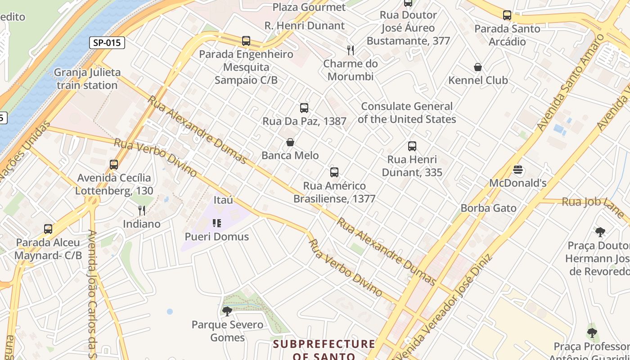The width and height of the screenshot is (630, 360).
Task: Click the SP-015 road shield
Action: [107, 43]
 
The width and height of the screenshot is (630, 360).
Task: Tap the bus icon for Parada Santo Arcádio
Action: [507, 15]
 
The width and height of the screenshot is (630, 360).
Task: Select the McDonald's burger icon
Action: [518, 170]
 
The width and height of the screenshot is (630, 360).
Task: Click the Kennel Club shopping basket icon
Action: [478, 67]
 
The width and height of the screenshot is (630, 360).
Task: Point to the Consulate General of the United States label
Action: [407, 113]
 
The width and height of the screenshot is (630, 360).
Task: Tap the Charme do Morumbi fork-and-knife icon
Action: [350, 50]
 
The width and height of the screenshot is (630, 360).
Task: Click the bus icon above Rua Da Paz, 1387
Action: [304, 108]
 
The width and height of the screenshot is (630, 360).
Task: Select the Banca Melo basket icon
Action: [290, 143]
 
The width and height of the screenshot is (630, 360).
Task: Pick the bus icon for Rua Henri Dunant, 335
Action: [412, 146]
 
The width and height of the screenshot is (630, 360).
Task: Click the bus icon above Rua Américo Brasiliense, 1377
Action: [334, 172]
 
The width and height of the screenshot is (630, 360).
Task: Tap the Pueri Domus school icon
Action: [217, 223]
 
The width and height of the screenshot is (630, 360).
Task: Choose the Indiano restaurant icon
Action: [142, 210]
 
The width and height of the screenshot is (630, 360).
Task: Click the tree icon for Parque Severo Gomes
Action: [227, 311]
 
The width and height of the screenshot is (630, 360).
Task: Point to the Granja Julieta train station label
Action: [87, 79]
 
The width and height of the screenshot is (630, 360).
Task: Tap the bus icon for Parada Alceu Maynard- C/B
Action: [48, 229]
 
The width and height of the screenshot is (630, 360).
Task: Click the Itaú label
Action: [224, 200]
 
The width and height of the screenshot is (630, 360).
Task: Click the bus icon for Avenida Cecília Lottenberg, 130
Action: [114, 165]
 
